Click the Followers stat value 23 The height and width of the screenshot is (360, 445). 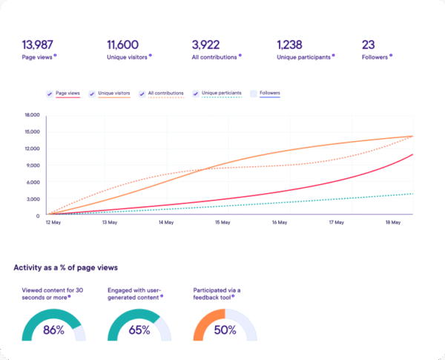tap(369, 45)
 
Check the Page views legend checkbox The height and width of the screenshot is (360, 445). tap(49, 94)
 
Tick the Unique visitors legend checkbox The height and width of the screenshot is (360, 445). tap(92, 94)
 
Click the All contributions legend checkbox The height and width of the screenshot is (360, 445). tap(142, 94)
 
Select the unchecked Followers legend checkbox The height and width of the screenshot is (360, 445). tap(253, 94)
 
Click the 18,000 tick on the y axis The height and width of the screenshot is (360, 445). tap(32, 115)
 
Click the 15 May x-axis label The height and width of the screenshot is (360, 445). tap(222, 222)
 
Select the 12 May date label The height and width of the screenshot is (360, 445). tap(53, 222)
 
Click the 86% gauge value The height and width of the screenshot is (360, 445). tap(53, 330)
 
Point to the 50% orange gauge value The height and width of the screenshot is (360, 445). tap(225, 330)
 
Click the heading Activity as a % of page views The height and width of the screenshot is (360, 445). tap(66, 267)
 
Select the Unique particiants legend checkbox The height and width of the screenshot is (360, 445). tap(197, 94)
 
